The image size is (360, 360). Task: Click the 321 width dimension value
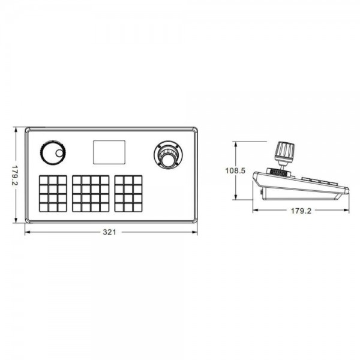[x=110, y=232]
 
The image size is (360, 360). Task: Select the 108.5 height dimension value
[x=235, y=170]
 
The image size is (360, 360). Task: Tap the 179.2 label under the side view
[x=301, y=211]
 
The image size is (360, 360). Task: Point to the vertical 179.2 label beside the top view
[x=16, y=175]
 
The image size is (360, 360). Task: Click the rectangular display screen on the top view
[x=109, y=152]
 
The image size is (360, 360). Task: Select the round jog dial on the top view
[x=53, y=153]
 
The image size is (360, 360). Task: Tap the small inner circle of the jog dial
[x=59, y=153]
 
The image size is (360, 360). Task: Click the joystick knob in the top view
[x=169, y=160]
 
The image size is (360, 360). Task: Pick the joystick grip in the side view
[x=284, y=152]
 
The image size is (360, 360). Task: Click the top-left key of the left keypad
[x=44, y=180]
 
